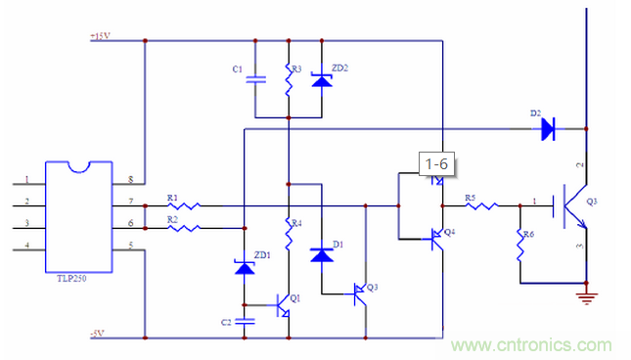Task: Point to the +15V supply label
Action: point(99,36)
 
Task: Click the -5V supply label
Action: point(97,334)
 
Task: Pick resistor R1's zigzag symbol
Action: point(183,206)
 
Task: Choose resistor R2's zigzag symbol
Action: point(183,228)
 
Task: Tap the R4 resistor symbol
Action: point(289,233)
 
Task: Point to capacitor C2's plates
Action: point(245,320)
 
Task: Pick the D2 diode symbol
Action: point(549,126)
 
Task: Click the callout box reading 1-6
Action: point(434,166)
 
